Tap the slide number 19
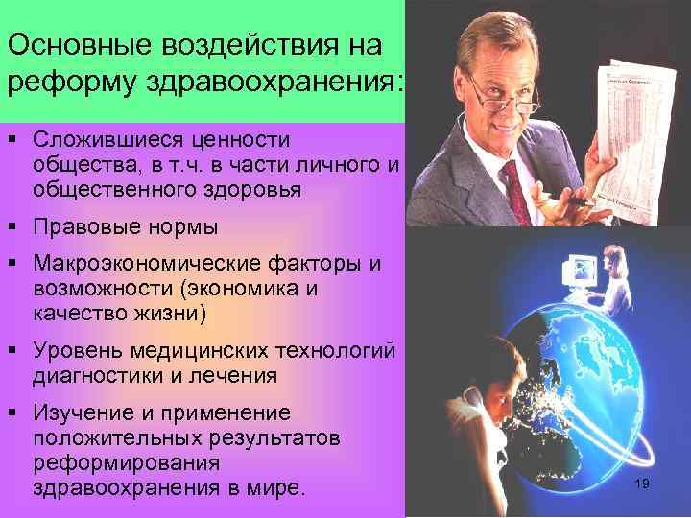(x=642, y=483)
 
